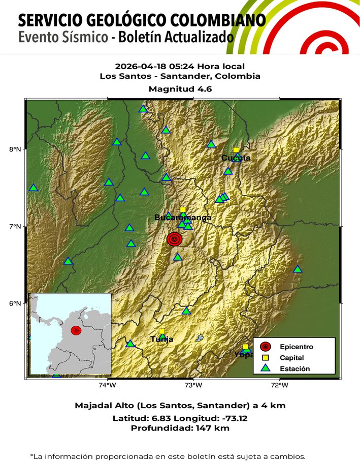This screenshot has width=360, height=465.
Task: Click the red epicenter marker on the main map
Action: coord(174,239)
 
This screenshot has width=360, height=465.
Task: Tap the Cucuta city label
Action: coord(236,158)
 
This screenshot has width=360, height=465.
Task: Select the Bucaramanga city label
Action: coord(183,218)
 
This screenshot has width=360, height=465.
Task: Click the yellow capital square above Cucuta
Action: coord(236,150)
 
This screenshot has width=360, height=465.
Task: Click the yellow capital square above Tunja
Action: coord(161,331)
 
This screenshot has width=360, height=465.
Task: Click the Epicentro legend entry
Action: coord(296,347)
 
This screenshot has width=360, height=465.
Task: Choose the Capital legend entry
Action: coord(291,358)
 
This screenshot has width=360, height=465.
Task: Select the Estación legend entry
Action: coord(294,368)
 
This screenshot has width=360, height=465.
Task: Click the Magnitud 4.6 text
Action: coord(180,88)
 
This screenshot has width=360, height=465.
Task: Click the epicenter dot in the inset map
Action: coord(76,330)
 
